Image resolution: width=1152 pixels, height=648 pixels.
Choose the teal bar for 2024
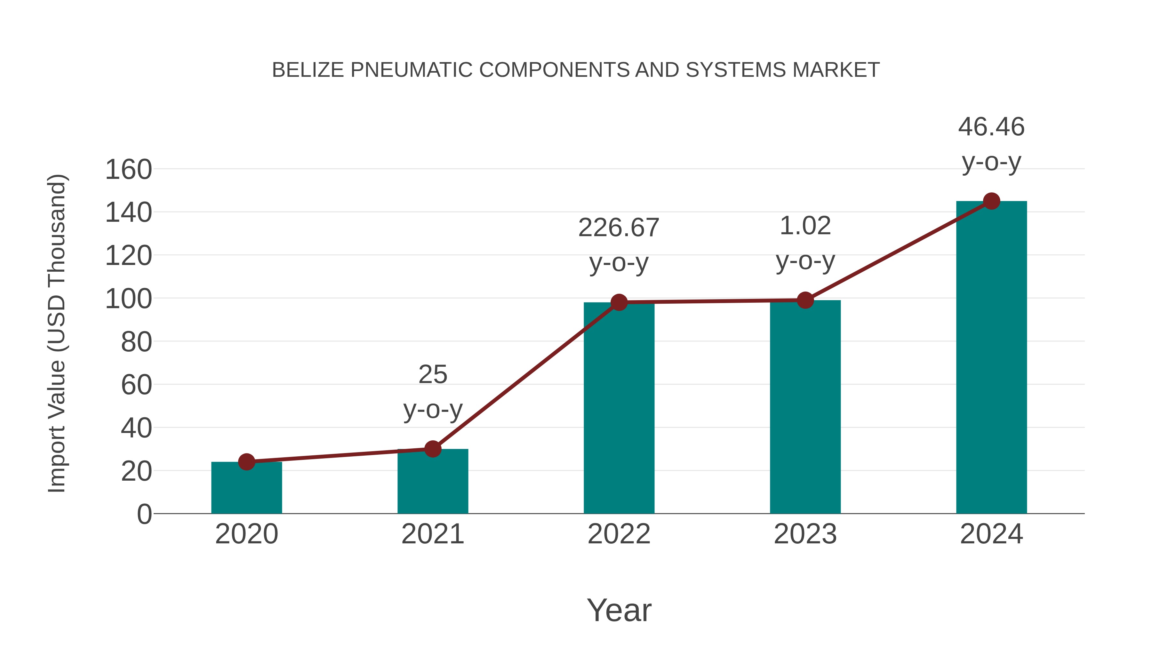(x=991, y=357)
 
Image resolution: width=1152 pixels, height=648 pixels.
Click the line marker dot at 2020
(x=246, y=461)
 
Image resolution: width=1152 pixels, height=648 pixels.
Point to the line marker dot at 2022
(x=619, y=302)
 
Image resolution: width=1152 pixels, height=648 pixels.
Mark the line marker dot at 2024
(x=991, y=201)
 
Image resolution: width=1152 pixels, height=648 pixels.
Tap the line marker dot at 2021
(x=432, y=449)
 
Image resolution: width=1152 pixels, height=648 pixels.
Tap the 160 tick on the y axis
(x=128, y=170)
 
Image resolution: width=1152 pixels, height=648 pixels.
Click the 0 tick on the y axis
(x=144, y=514)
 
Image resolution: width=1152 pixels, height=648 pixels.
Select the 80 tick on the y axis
(x=136, y=342)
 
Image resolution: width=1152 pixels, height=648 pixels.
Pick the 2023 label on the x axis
(x=805, y=534)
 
